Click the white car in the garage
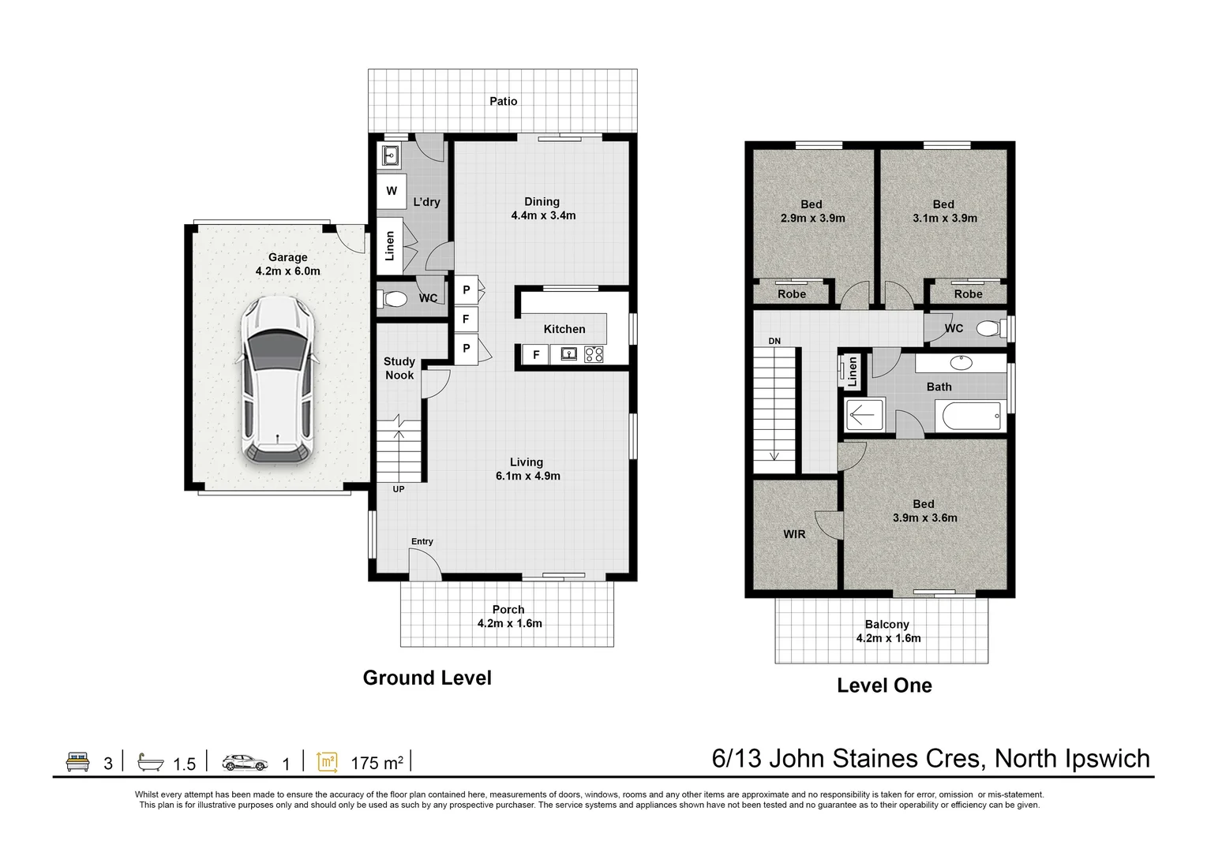coord(277,379)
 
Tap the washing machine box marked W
coord(392,191)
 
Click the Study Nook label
coord(399,368)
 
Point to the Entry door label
coord(422,541)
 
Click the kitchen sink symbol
coord(569,354)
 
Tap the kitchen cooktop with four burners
coord(594,354)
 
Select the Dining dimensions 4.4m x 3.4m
coord(543,215)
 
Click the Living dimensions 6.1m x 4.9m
coord(527,476)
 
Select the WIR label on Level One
coord(794,534)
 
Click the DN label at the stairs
coord(774,341)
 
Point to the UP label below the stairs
coord(399,489)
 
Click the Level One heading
coord(884,686)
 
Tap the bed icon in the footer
coord(77,762)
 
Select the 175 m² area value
coord(377,763)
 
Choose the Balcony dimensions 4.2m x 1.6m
coord(888,638)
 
